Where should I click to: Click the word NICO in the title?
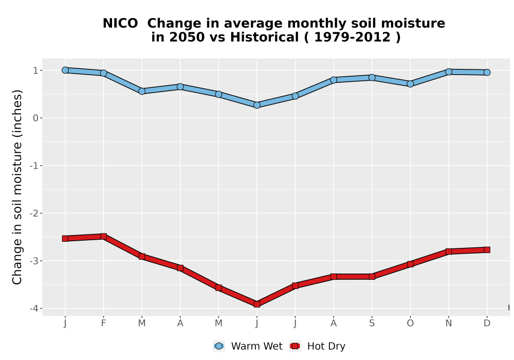coord(120,24)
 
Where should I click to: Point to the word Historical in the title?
coord(265,38)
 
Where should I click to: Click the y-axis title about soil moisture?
coord(17,187)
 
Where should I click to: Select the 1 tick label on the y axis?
coord(36,70)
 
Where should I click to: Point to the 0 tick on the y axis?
coord(36,118)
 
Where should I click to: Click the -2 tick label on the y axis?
coord(34,213)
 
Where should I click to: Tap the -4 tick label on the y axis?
coord(34,309)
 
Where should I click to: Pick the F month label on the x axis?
coord(104,323)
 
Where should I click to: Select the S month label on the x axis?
coord(372,323)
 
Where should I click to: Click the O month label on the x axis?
coord(410,323)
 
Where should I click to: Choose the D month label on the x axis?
coord(487,323)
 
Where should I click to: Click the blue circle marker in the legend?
coord(219,346)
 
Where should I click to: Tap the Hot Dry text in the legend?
coord(326,346)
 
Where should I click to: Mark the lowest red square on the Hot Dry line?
coord(257,304)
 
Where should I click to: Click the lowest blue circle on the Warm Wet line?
coord(257,105)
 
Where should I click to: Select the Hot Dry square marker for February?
coord(104,237)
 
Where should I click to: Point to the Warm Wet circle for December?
coord(487,72)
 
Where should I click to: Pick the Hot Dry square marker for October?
coord(410,264)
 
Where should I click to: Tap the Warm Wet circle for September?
coord(372,78)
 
